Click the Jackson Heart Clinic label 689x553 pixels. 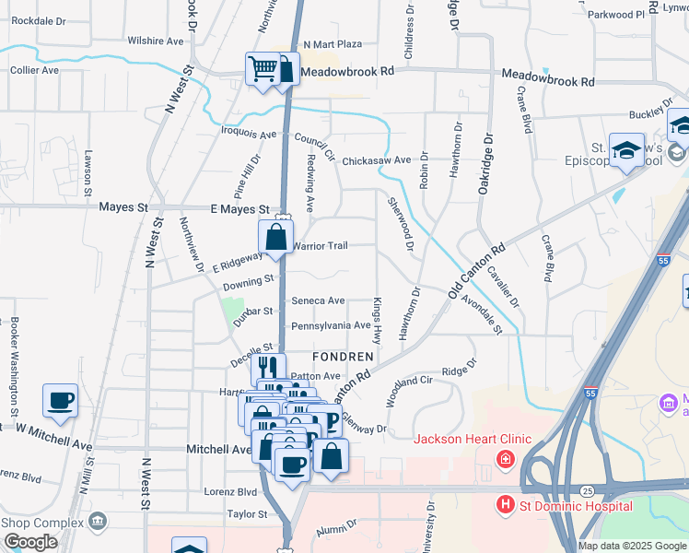pyautogui.click(x=472, y=439)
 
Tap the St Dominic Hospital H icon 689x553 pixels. pyautogui.click(x=505, y=505)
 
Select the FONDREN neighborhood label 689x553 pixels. pyautogui.click(x=343, y=356)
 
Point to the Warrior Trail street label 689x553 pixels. pyautogui.click(x=320, y=246)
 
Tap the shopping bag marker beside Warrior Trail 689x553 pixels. pyautogui.click(x=275, y=238)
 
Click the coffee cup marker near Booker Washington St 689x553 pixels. pyautogui.click(x=61, y=401)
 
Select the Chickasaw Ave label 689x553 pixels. pyautogui.click(x=376, y=160)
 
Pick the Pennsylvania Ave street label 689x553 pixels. pyautogui.click(x=331, y=326)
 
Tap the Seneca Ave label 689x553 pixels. pyautogui.click(x=318, y=300)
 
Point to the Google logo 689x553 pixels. pyautogui.click(x=30, y=542)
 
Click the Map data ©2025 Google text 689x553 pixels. pyautogui.click(x=632, y=546)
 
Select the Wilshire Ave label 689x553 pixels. pyautogui.click(x=156, y=41)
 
